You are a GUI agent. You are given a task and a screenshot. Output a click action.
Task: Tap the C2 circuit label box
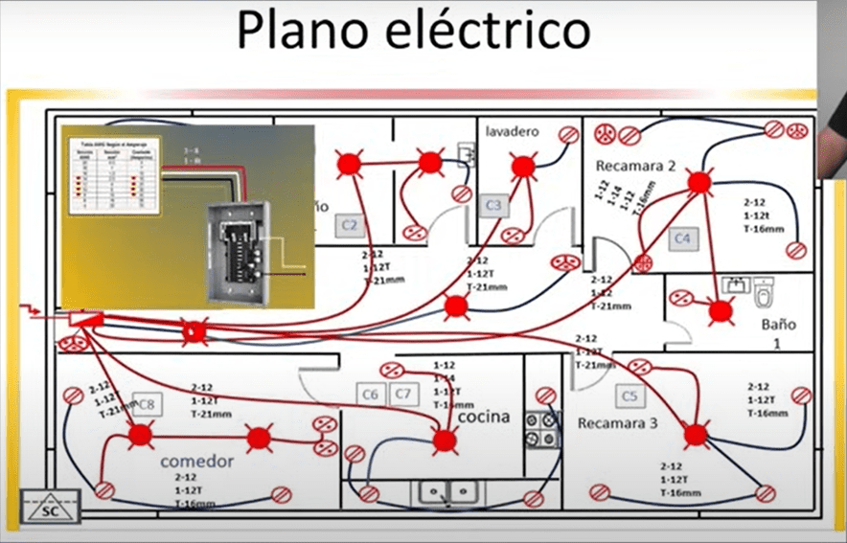click(x=350, y=226)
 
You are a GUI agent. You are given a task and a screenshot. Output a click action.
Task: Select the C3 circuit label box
click(x=494, y=205)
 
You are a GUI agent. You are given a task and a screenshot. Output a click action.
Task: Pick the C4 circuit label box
click(x=682, y=237)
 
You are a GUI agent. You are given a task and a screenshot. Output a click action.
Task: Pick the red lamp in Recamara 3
click(x=696, y=434)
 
